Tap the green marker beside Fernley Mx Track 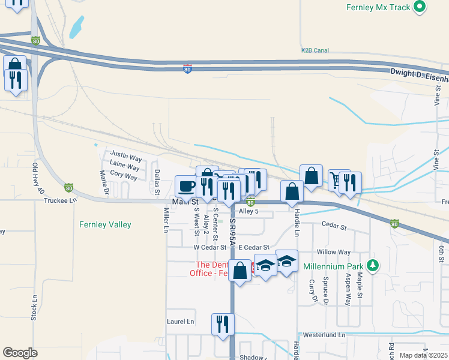coord(420,7)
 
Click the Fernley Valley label coord(105,225)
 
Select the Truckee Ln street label coord(61,200)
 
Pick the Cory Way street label coord(124,177)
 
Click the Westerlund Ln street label coord(325,335)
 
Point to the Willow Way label coord(334,253)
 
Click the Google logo coord(20,353)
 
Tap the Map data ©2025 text coord(423,355)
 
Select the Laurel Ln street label coord(181,322)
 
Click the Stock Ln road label coord(35,306)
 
